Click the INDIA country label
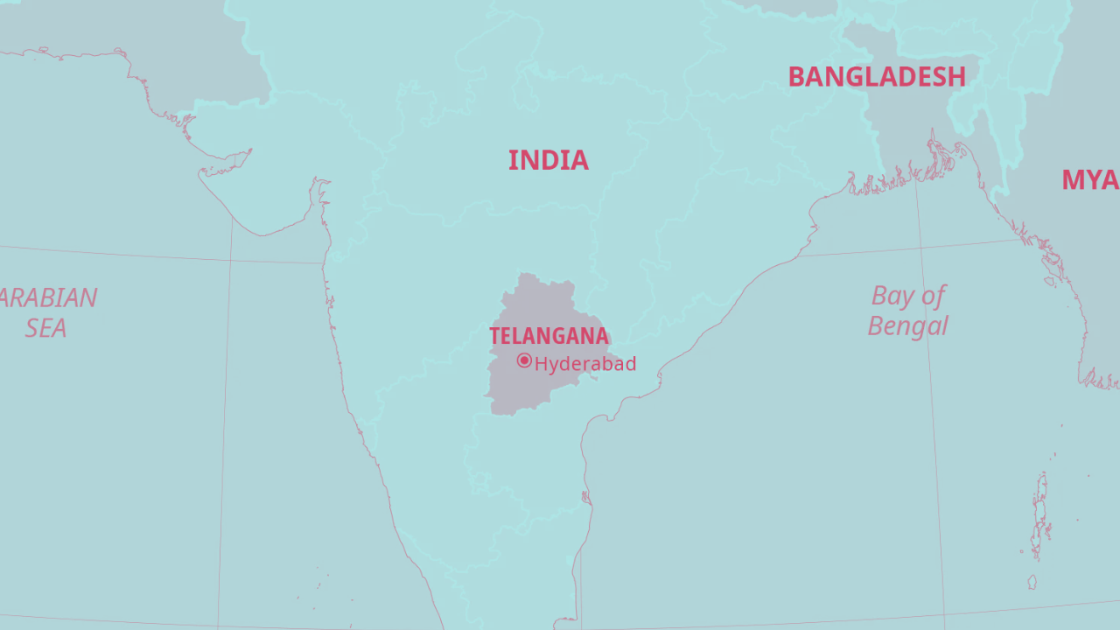(x=548, y=160)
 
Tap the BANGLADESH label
(x=876, y=77)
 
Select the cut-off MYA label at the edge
(x=1089, y=180)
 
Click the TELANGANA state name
(x=549, y=336)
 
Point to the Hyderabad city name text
(x=584, y=364)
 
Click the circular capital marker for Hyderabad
(x=524, y=360)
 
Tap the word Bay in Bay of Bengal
(x=891, y=297)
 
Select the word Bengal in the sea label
(x=907, y=326)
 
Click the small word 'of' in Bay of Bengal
(x=933, y=296)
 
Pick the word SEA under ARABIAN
(x=45, y=328)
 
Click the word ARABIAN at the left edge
(x=48, y=298)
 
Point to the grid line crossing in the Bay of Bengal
(x=921, y=248)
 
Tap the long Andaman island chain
(x=1040, y=512)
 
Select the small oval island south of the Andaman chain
(x=1032, y=582)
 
